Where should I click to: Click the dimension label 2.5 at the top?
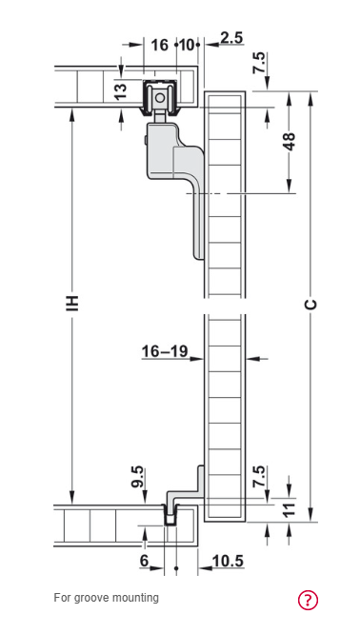(231, 38)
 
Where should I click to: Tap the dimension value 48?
(290, 141)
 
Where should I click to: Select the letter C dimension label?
(310, 305)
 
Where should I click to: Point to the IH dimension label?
(72, 304)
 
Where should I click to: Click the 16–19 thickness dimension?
(165, 351)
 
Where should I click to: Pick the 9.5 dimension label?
(138, 477)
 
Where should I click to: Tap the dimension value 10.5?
(228, 561)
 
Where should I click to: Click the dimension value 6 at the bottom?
(145, 561)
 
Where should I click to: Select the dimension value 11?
(290, 510)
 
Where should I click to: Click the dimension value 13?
(121, 89)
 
